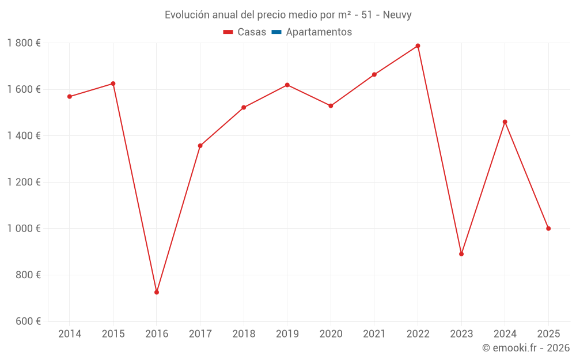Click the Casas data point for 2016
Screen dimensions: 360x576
(157, 292)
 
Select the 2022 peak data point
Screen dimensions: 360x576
(418, 46)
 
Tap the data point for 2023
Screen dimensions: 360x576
(461, 254)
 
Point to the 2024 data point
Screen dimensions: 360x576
(505, 122)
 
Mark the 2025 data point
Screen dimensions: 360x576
(548, 229)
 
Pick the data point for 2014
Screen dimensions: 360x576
(70, 97)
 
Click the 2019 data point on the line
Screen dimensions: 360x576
(287, 85)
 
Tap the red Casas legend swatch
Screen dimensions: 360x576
(228, 32)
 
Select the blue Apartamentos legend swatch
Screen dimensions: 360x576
(276, 32)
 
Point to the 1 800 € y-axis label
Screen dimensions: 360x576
(24, 43)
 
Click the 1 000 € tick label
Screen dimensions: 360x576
(24, 229)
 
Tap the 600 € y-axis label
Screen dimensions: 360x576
(28, 321)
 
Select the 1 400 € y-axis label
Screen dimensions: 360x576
(24, 136)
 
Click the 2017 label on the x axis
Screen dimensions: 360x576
(200, 334)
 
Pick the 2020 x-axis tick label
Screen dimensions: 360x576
(331, 334)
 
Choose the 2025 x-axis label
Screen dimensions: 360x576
(548, 334)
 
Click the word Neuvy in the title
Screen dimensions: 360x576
(397, 15)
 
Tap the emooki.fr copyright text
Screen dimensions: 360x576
(526, 348)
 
